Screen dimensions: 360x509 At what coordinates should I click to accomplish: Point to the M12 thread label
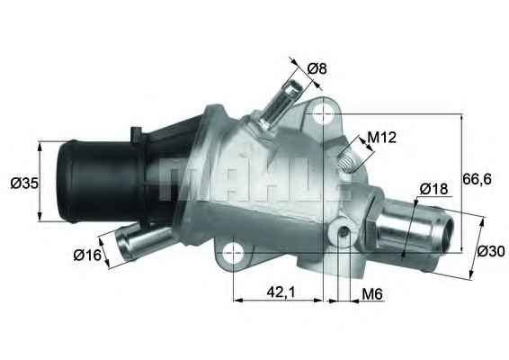(382, 138)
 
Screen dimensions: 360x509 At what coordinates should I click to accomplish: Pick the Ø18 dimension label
(433, 189)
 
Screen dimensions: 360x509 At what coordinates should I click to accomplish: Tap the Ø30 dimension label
(490, 251)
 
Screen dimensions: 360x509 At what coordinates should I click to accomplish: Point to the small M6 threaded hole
(344, 234)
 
